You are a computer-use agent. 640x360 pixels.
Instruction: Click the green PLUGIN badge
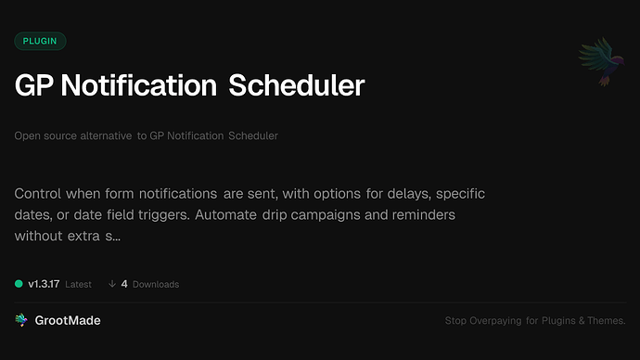40,41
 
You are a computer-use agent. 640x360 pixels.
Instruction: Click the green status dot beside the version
19,284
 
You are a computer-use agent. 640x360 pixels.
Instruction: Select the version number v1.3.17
44,284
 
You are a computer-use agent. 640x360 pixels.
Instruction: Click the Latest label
79,284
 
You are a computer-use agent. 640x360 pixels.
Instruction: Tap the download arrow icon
111,284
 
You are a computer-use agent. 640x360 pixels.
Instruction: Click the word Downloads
156,284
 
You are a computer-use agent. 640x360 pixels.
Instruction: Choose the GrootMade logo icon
21,320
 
